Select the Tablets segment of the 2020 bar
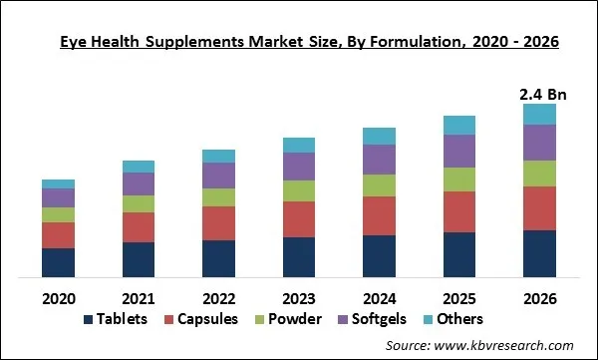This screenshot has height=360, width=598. point(58,262)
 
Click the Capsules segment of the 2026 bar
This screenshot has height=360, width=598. point(539,208)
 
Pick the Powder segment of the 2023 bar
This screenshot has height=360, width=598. point(299,190)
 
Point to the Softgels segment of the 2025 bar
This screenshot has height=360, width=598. point(459,151)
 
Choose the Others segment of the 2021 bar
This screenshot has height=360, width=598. point(139,166)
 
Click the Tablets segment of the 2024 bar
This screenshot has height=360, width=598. point(379,256)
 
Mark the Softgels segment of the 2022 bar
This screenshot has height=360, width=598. point(218,176)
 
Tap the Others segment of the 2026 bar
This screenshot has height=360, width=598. point(539,114)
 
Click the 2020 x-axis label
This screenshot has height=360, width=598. point(58,297)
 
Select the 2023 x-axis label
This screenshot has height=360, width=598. point(299,297)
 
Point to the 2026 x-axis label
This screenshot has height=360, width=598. point(539,297)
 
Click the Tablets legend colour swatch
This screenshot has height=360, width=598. point(88,319)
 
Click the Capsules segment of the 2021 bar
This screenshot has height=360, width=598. point(139,227)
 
